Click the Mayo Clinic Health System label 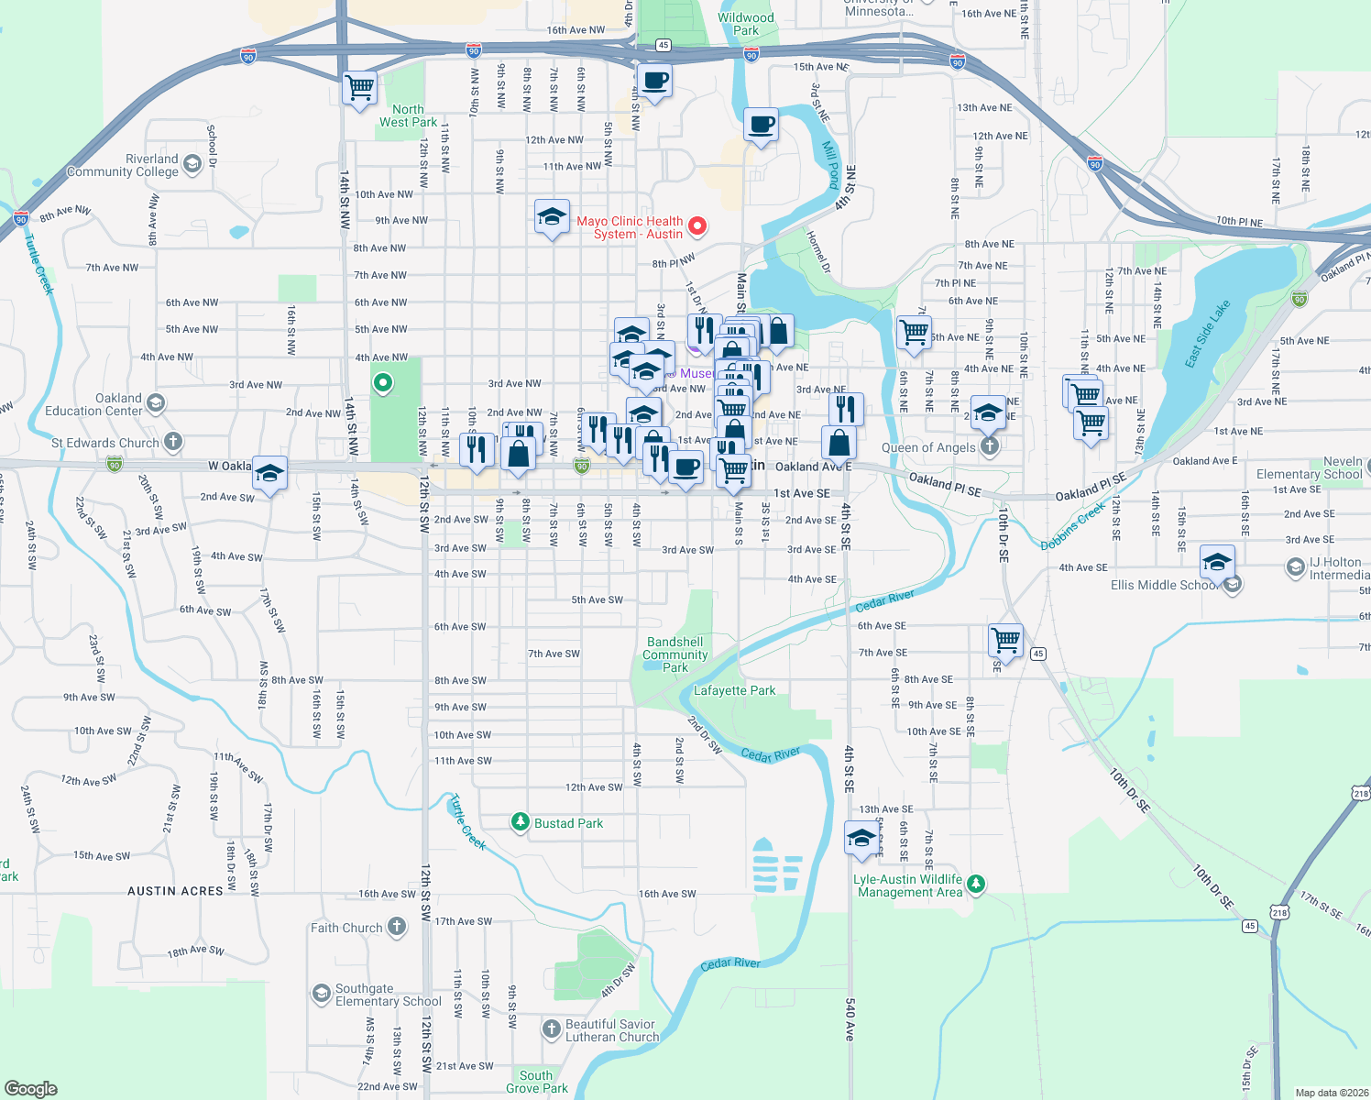click(x=630, y=227)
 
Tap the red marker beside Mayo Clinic click(x=697, y=225)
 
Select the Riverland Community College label click(x=123, y=165)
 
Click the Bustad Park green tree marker click(x=521, y=822)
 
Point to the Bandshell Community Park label click(x=675, y=654)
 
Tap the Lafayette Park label click(x=734, y=690)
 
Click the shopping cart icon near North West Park click(x=359, y=88)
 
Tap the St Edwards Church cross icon click(x=172, y=442)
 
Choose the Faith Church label click(x=346, y=928)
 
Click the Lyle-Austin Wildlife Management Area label click(x=909, y=885)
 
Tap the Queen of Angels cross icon click(x=989, y=446)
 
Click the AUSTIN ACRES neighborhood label click(x=175, y=891)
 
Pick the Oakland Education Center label click(x=94, y=404)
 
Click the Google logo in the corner click(x=30, y=1089)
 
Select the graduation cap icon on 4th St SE click(x=861, y=837)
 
